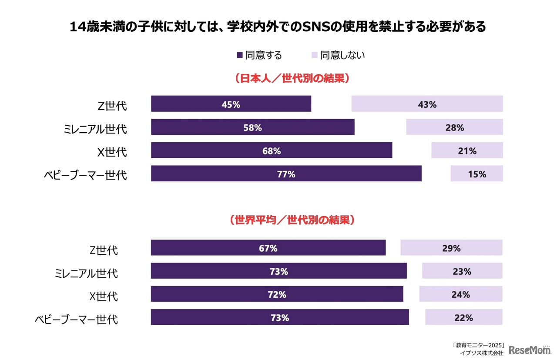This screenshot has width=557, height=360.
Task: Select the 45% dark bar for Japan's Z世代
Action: point(231,104)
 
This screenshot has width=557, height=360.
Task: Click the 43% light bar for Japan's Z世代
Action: point(427,104)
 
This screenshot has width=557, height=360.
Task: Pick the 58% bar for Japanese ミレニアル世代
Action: point(252,127)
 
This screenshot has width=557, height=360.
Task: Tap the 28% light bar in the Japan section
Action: point(454,127)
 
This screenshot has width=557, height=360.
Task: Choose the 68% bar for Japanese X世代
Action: point(272,150)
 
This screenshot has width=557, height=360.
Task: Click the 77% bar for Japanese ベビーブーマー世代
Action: point(286,173)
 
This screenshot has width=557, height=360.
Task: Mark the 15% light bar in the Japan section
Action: point(476,173)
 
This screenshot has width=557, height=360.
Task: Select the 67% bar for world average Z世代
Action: point(268,248)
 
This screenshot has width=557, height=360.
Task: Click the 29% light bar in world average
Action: point(451,248)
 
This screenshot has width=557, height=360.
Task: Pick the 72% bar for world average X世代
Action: point(277,294)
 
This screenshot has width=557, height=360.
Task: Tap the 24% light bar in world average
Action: point(460,294)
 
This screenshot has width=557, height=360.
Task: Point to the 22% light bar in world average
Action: point(463,317)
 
